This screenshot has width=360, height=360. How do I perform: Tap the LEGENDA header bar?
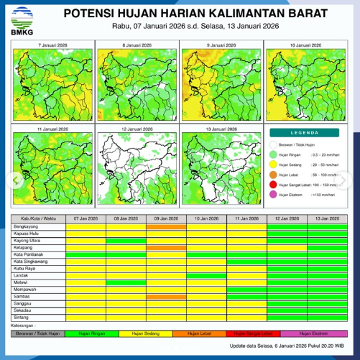(x=304, y=132)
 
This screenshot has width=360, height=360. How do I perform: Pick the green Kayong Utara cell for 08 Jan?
(x=126, y=240)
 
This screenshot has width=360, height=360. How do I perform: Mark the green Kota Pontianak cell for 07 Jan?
(x=86, y=254)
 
